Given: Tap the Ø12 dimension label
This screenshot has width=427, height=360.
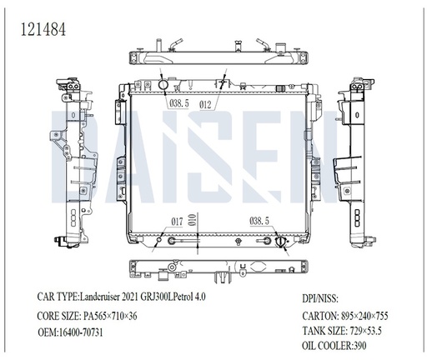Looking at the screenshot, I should [x=205, y=104].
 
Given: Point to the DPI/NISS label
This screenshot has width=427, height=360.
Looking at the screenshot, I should [x=320, y=298].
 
